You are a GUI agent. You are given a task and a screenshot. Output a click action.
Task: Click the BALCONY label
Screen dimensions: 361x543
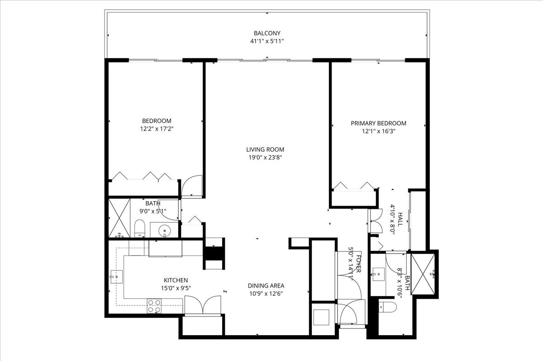267,33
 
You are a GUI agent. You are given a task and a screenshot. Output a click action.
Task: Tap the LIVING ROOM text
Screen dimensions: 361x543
265,149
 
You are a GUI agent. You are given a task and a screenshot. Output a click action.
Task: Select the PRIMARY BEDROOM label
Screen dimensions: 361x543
378,123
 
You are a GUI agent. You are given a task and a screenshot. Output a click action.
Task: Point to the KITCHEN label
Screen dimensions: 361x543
176,280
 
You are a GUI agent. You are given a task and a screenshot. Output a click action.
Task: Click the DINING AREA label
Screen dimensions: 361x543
266,285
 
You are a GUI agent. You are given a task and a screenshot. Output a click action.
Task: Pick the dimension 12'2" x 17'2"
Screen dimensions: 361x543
157,129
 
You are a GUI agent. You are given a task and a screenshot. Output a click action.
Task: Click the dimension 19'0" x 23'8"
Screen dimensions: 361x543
265,158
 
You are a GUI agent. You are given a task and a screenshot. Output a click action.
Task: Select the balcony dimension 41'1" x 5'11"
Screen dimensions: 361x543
267,41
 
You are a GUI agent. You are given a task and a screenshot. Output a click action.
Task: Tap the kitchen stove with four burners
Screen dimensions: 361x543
154,306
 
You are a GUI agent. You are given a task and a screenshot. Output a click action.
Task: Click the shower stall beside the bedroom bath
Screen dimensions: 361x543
119,218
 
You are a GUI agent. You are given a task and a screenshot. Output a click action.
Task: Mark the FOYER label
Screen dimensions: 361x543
358,263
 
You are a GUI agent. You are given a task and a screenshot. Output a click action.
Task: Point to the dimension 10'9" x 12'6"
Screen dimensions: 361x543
266,294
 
